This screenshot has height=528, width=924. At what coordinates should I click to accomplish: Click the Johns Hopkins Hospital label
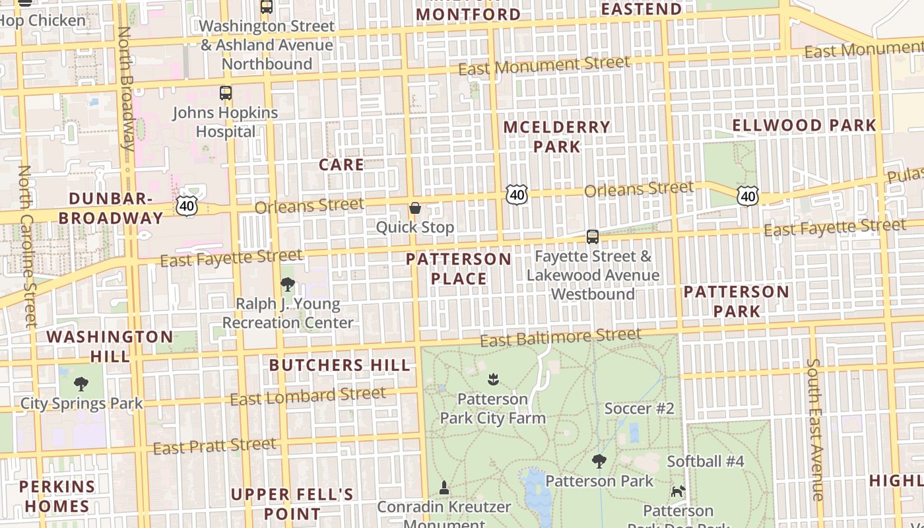point(225,122)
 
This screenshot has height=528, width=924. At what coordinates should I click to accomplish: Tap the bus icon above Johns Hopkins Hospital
point(226,93)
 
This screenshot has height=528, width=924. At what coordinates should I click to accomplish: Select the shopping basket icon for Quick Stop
point(415,209)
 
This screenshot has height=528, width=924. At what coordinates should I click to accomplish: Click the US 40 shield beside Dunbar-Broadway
point(187,206)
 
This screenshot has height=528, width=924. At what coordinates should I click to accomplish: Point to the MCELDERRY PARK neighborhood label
point(557,137)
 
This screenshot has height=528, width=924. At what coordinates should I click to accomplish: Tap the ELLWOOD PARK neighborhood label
point(804,125)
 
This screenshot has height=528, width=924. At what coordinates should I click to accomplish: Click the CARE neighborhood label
point(341,165)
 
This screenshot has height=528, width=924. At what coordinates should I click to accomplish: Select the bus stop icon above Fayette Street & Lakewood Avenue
point(593,237)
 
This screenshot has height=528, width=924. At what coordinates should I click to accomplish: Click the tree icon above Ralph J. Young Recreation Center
point(287,284)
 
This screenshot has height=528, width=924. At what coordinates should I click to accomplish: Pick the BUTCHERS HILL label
point(339,365)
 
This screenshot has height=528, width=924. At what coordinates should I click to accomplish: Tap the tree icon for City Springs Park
point(81,383)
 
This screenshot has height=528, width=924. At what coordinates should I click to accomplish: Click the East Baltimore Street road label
point(560,337)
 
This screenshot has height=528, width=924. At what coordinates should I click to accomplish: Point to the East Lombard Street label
point(308,396)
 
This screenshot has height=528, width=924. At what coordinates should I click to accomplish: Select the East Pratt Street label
point(214,446)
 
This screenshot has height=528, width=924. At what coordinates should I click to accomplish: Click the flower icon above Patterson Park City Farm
point(492,379)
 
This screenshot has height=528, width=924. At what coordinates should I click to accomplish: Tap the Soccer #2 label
point(639,409)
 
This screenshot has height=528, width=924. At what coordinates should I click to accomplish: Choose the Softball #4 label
point(705,461)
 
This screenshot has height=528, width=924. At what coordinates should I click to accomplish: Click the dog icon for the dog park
point(678,491)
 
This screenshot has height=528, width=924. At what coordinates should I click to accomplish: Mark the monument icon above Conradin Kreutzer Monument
point(444,488)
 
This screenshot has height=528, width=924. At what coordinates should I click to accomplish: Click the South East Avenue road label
point(815,429)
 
